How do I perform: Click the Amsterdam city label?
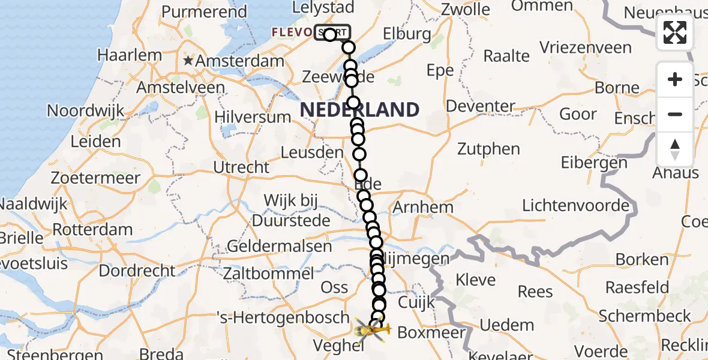coord(239,61)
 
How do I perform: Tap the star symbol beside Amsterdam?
coord(188,61)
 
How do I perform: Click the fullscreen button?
coord(675,32)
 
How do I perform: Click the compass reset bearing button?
coord(675,149)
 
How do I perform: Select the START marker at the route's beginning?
coord(331,33)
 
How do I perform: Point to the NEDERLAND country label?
coord(359,110)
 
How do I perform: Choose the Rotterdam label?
coord(92,230)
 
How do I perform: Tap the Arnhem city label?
coord(423,208)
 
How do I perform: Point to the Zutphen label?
coord(488,148)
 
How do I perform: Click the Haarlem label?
coord(130,55)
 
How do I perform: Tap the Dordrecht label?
coord(137,271)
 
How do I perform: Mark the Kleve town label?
coord(476,280)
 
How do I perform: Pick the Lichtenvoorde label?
coord(575,206)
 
